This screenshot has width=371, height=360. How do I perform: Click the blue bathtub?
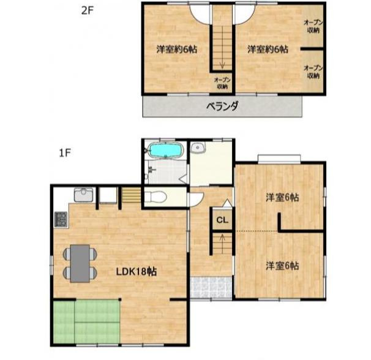[x=166, y=150]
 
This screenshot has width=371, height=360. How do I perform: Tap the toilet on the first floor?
[x=156, y=197]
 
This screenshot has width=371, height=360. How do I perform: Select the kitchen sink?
[x=83, y=195]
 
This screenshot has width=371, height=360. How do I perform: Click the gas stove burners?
[x=61, y=219]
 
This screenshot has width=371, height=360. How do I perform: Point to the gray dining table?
[x=80, y=263]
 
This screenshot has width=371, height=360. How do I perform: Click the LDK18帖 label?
[x=137, y=271]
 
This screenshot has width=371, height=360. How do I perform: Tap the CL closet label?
[x=222, y=220]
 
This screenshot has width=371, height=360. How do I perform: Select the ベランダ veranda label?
[x=222, y=107]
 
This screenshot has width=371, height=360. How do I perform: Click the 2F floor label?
[x=88, y=10]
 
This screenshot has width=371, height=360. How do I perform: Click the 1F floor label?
[x=65, y=154]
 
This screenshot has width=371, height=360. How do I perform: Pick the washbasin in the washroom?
[x=198, y=148]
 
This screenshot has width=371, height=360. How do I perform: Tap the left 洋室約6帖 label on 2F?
[x=176, y=49]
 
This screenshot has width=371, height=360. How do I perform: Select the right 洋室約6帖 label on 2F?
[x=268, y=49]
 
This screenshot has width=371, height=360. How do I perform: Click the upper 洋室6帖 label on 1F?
[x=282, y=197]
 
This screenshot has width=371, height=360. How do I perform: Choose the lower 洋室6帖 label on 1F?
[x=282, y=266]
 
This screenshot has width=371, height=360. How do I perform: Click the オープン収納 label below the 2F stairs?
[x=222, y=83]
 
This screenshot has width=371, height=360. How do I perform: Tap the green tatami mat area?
[x=86, y=321]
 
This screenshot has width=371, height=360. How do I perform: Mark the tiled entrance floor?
[x=211, y=287]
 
